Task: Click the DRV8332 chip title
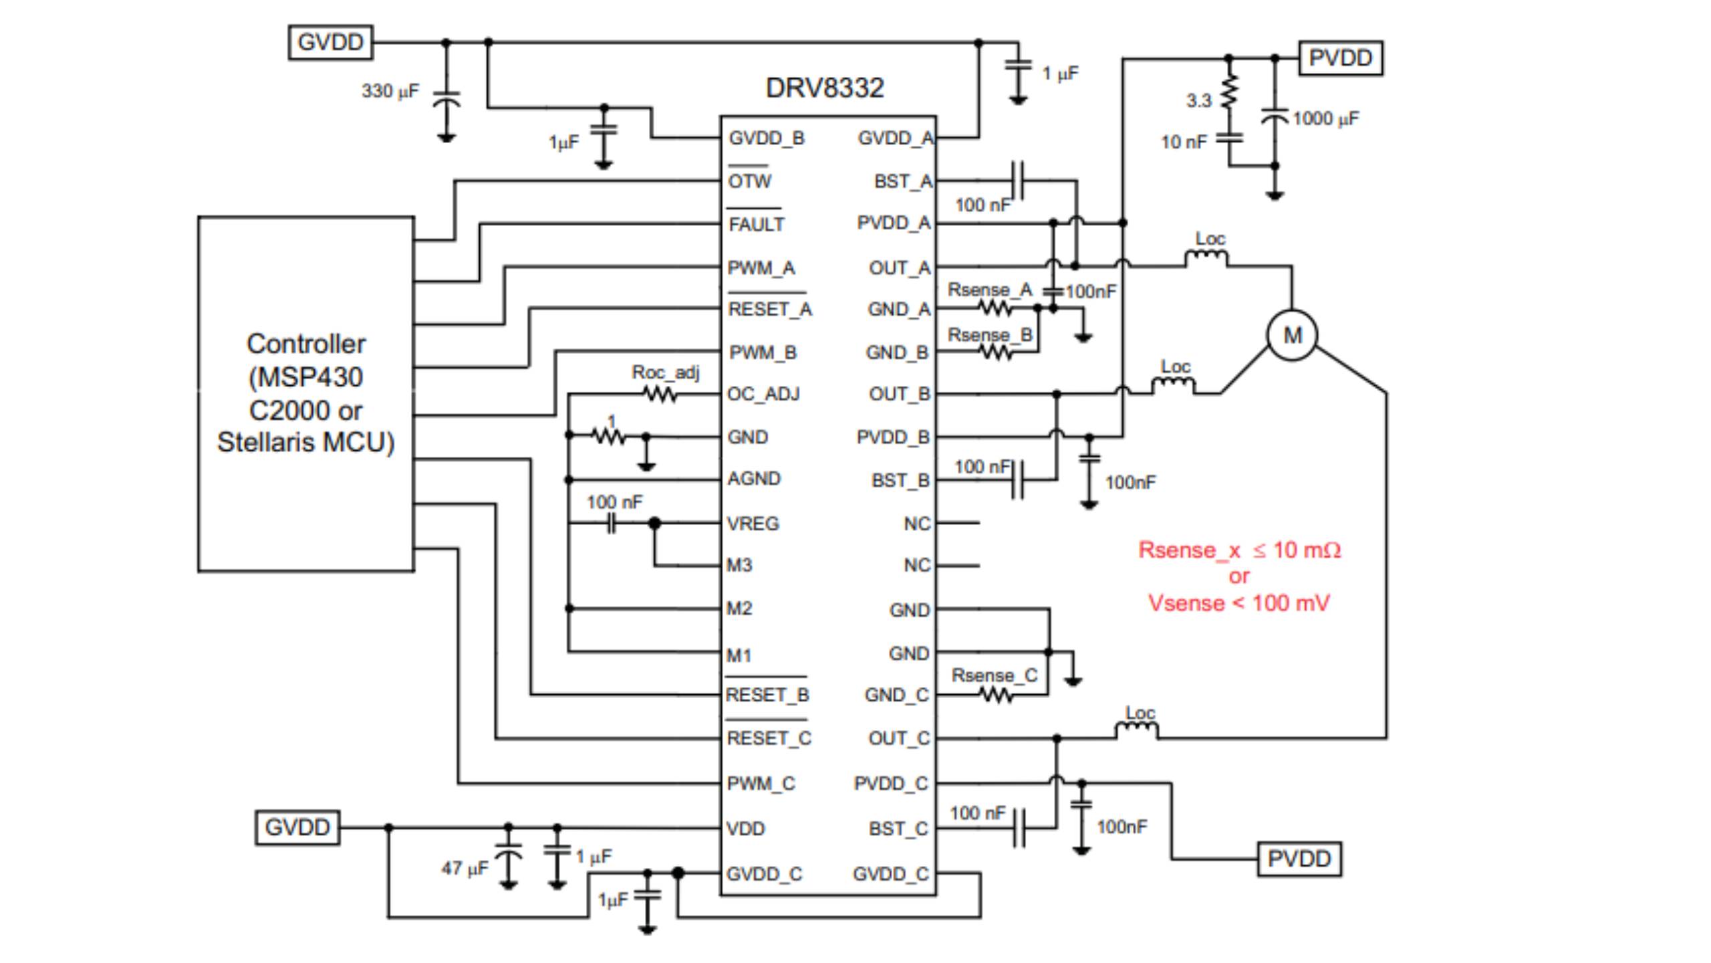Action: click(x=824, y=88)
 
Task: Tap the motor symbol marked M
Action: click(x=1292, y=334)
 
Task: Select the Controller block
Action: click(x=305, y=393)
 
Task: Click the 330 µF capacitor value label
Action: click(x=390, y=91)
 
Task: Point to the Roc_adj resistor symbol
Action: click(x=660, y=395)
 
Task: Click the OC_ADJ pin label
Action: click(x=763, y=394)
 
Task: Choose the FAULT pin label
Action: click(x=756, y=225)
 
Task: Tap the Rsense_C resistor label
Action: click(x=994, y=675)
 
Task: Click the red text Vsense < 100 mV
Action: click(x=1238, y=603)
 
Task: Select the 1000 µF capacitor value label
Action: click(x=1325, y=119)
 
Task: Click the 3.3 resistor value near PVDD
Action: click(x=1198, y=101)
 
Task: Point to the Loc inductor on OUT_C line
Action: click(x=1137, y=728)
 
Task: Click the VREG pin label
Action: click(x=753, y=524)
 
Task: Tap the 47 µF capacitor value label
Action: click(x=465, y=868)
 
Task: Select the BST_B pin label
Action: click(x=900, y=481)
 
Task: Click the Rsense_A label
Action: click(x=990, y=290)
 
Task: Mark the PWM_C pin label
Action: click(x=761, y=784)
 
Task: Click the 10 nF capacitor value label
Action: click(x=1184, y=142)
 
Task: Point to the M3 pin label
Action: click(x=739, y=566)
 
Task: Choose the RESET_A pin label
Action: click(x=769, y=310)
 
